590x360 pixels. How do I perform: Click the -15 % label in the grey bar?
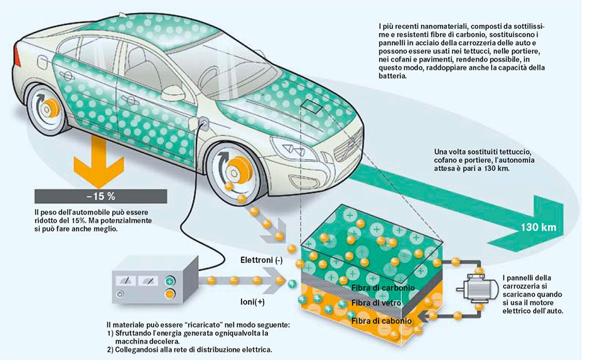[100, 196]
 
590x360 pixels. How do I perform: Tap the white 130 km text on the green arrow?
[538, 227]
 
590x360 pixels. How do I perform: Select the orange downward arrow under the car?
[99, 162]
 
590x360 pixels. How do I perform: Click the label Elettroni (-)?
[262, 260]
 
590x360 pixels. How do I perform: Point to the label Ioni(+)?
[252, 302]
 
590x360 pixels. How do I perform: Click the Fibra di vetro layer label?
[376, 303]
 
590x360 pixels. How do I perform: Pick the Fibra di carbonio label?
[383, 288]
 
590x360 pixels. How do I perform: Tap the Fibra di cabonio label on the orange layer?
[382, 321]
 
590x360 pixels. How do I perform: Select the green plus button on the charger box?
[170, 280]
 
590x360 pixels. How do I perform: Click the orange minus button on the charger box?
[170, 294]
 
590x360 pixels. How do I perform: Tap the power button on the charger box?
[120, 294]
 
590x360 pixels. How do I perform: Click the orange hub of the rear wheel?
[50, 109]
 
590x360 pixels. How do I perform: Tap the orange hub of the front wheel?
[238, 171]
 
